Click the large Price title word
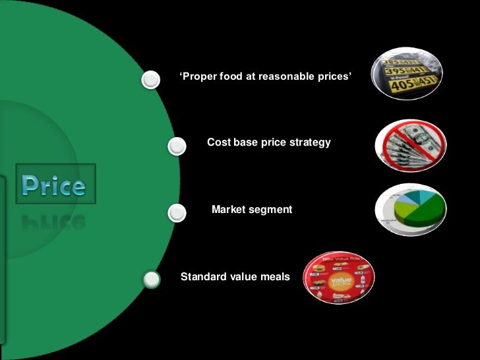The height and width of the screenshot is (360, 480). coord(53,185)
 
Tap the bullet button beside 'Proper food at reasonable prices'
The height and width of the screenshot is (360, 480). coord(151,80)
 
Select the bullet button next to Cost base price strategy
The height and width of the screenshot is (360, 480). coord(177,146)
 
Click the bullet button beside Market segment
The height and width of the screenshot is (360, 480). coord(177,213)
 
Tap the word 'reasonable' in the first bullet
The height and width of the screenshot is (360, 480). coord(286,77)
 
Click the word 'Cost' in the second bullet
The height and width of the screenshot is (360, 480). coord(218,142)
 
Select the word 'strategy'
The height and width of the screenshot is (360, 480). coord(309,142)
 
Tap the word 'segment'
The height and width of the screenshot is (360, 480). coord(270,209)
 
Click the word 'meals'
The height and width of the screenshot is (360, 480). coord(274,276)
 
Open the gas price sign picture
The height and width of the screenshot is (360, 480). coord(404,74)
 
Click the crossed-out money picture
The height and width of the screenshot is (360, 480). coord(411,145)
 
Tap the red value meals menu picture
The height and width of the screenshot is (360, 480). coord(339,278)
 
